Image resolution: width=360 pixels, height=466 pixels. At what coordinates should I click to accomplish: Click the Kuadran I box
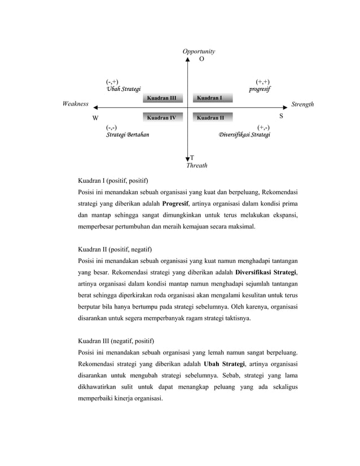(212, 98)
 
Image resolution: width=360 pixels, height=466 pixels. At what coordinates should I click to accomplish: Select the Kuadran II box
(212, 118)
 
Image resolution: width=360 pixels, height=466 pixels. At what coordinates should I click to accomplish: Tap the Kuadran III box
(162, 98)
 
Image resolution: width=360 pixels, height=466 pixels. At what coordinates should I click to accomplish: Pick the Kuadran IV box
(162, 118)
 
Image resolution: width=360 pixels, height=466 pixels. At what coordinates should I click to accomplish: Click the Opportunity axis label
(199, 51)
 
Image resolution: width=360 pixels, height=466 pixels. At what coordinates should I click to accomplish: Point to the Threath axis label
(197, 166)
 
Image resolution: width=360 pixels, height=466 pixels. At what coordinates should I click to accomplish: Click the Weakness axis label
(76, 104)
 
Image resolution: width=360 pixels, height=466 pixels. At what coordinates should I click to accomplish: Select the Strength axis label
(302, 104)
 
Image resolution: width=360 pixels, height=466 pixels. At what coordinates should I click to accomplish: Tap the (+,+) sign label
(262, 82)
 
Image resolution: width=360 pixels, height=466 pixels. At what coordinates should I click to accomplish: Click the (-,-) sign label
(112, 128)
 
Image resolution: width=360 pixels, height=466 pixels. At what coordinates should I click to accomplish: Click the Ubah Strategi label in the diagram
(124, 90)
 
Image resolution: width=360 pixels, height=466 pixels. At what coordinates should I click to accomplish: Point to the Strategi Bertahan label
(128, 135)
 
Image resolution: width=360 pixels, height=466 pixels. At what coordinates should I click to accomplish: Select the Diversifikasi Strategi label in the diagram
(244, 135)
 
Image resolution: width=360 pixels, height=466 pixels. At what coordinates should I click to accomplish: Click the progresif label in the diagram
(260, 90)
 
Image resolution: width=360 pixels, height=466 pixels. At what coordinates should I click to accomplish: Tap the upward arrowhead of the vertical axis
(188, 58)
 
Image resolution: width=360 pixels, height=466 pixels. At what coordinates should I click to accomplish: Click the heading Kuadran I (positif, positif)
(113, 181)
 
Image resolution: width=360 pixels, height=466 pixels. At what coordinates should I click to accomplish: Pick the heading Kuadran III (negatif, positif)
(116, 341)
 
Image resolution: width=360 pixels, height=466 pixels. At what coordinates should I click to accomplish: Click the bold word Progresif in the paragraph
(178, 204)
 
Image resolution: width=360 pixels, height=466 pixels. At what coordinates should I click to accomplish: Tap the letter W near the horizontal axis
(95, 118)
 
